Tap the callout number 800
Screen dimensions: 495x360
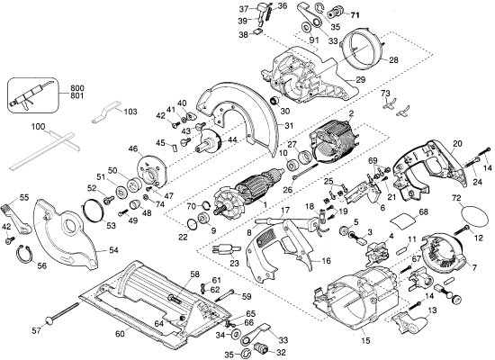[77, 88]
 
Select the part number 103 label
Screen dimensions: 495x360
[130, 112]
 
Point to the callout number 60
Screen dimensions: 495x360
[120, 334]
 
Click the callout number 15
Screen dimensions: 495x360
[366, 340]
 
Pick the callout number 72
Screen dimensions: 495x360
[456, 198]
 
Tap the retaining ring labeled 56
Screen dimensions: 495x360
[24, 253]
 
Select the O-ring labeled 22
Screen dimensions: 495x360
[192, 224]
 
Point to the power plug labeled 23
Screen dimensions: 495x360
[223, 249]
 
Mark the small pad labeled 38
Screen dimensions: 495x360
[258, 31]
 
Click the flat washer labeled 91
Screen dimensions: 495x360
[306, 27]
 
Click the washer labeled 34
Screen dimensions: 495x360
[235, 335]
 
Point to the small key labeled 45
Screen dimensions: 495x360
[175, 148]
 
